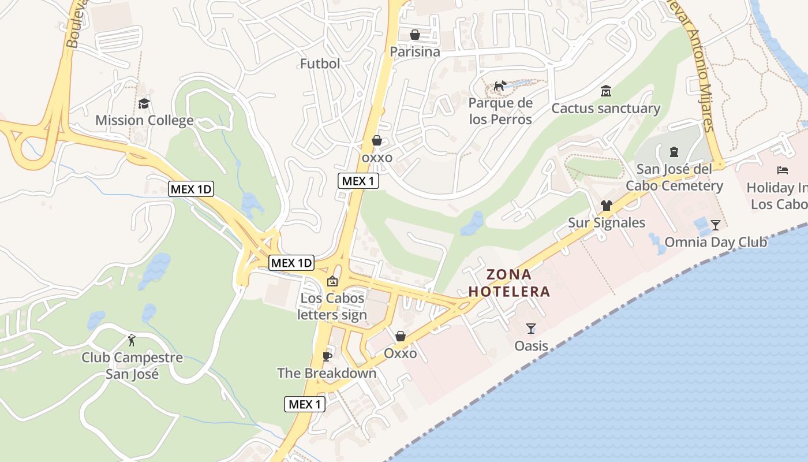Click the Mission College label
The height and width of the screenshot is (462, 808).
click(144, 121)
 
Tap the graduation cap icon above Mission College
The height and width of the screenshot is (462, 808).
click(144, 104)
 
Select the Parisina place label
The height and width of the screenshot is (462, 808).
click(414, 52)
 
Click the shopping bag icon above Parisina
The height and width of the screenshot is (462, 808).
click(414, 35)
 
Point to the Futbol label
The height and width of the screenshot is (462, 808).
click(320, 64)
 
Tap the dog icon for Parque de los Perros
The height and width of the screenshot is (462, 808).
click(500, 87)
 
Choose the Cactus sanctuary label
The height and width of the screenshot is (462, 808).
click(605, 109)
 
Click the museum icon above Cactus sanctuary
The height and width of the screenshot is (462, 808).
click(606, 91)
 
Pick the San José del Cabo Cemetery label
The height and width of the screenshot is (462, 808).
click(674, 177)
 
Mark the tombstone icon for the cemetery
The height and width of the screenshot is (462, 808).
click(674, 152)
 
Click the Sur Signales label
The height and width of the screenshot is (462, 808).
click(607, 223)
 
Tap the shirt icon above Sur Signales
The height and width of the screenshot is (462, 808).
click(606, 205)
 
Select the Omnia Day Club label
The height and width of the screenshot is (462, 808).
click(716, 242)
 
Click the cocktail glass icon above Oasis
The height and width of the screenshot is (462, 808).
click(531, 329)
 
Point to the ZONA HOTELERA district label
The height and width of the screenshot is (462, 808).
click(508, 283)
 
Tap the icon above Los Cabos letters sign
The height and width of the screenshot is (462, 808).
click(332, 282)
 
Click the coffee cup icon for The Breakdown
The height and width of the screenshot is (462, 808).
click(327, 356)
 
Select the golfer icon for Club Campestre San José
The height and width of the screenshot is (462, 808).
click(132, 340)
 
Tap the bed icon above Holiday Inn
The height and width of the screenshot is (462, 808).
click(783, 170)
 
